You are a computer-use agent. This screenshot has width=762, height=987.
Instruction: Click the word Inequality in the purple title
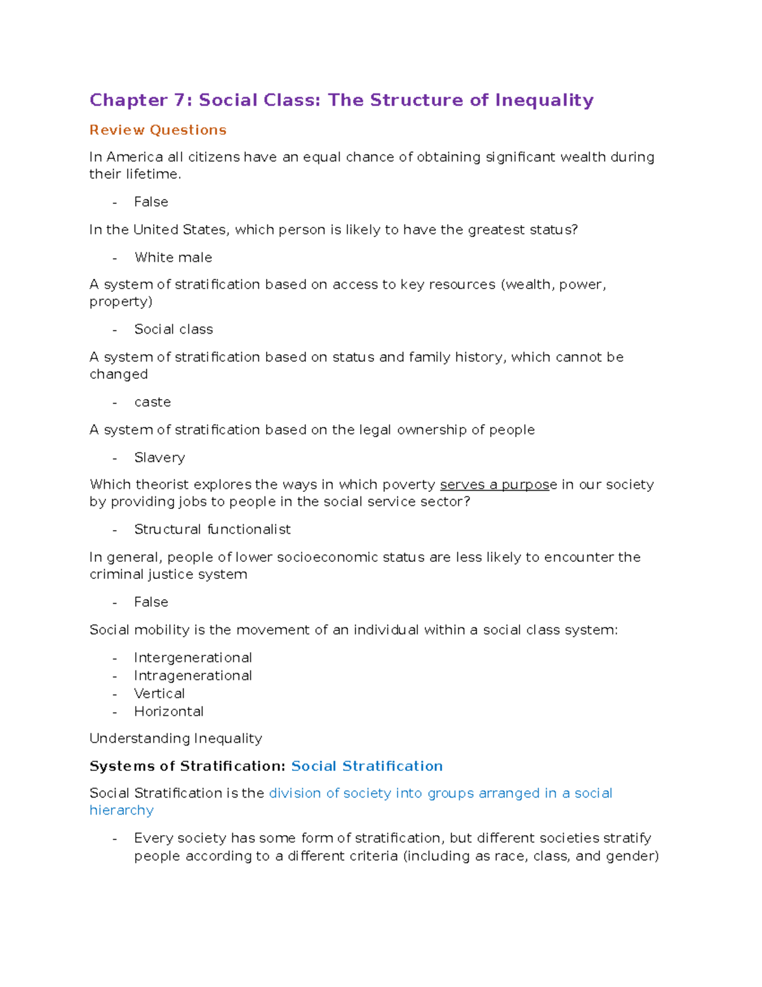pos(544,100)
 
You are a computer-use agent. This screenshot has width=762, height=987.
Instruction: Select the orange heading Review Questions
pos(158,130)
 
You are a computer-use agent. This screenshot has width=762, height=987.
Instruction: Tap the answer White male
pos(173,257)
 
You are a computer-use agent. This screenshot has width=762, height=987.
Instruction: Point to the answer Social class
pos(173,329)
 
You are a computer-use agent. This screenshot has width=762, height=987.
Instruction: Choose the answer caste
pos(152,402)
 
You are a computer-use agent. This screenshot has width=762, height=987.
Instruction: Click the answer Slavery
pos(159,458)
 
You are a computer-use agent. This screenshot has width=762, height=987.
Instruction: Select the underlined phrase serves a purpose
pos(495,485)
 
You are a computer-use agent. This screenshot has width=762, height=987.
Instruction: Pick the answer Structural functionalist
pos(212,529)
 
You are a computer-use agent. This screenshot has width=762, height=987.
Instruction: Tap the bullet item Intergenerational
pos(193,658)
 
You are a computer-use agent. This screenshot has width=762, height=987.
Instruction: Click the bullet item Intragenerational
pos(193,676)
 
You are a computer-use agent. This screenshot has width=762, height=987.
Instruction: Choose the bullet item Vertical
pos(159,693)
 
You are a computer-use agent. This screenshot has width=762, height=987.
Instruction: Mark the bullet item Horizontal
pos(169,711)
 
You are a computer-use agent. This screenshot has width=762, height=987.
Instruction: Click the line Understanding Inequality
pos(176,739)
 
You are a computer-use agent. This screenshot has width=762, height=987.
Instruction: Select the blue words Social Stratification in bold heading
pos(367,766)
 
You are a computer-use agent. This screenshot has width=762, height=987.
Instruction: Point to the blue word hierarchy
pos(121,810)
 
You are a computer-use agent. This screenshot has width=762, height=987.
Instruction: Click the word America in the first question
pos(135,157)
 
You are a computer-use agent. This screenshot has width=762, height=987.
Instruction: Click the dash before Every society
pos(115,839)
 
